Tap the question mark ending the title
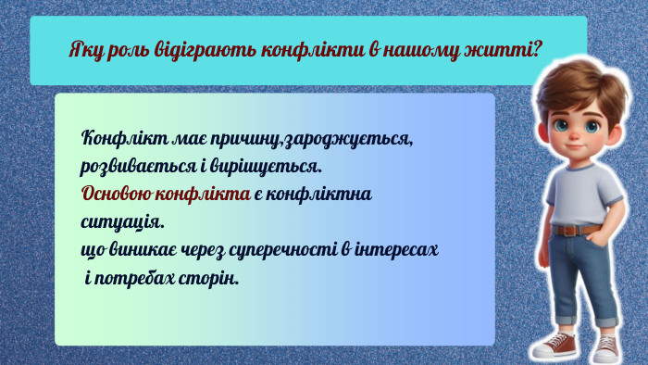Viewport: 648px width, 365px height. click(x=536, y=49)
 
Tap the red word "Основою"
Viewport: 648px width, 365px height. click(x=116, y=194)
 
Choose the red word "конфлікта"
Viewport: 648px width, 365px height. click(x=203, y=194)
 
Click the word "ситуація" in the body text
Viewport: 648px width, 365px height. click(x=122, y=222)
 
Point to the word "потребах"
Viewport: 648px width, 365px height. click(x=135, y=278)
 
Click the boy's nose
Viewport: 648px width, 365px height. click(x=575, y=135)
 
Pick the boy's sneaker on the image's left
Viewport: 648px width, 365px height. click(x=555, y=345)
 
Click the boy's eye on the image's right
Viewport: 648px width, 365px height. click(x=592, y=126)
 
